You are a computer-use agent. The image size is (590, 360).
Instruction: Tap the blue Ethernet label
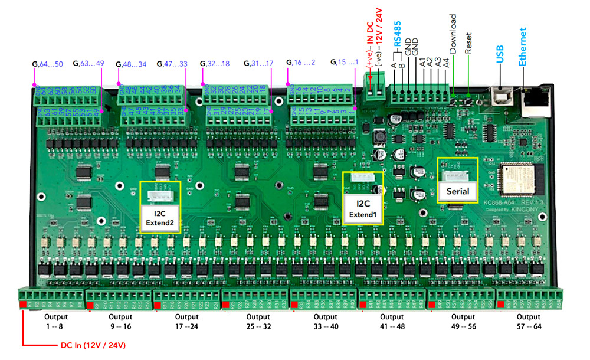(x=523, y=47)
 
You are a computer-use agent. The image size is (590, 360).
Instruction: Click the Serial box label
(x=457, y=191)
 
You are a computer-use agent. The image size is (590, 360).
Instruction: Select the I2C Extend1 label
(x=363, y=209)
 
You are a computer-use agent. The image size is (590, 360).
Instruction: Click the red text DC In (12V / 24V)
(x=92, y=345)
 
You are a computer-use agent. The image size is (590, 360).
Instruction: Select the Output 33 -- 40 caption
(x=326, y=321)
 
